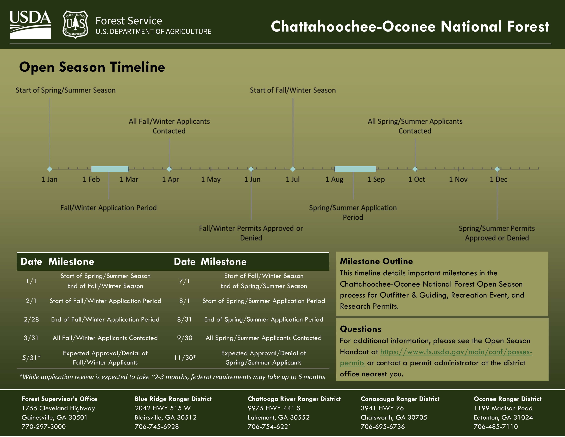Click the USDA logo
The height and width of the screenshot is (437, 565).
tap(30, 25)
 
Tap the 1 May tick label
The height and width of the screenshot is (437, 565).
tap(211, 179)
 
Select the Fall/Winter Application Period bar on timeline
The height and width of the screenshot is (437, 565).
tap(110, 169)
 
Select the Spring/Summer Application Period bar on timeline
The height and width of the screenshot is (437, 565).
tap(355, 169)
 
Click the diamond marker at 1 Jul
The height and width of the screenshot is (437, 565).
tap(293, 169)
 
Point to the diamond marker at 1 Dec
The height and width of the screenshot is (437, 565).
tap(497, 169)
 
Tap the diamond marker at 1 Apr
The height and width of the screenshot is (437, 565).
tap(169, 169)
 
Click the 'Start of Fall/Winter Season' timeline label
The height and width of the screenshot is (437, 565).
tap(293, 90)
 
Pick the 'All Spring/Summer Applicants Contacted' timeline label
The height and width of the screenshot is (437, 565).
tap(415, 126)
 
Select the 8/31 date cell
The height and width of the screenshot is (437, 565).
tap(184, 319)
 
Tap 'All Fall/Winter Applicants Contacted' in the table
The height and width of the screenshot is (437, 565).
tap(105, 338)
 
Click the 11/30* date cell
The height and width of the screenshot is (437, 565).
tap(185, 358)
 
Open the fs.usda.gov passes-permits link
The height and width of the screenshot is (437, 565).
tap(456, 352)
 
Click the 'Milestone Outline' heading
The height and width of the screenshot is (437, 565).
tap(376, 262)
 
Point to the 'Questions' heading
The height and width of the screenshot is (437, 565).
tap(360, 329)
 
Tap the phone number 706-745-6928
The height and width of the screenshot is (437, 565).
tap(156, 427)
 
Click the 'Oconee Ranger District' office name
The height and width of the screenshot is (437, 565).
tap(507, 399)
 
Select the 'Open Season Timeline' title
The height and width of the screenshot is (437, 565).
tap(92, 67)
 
